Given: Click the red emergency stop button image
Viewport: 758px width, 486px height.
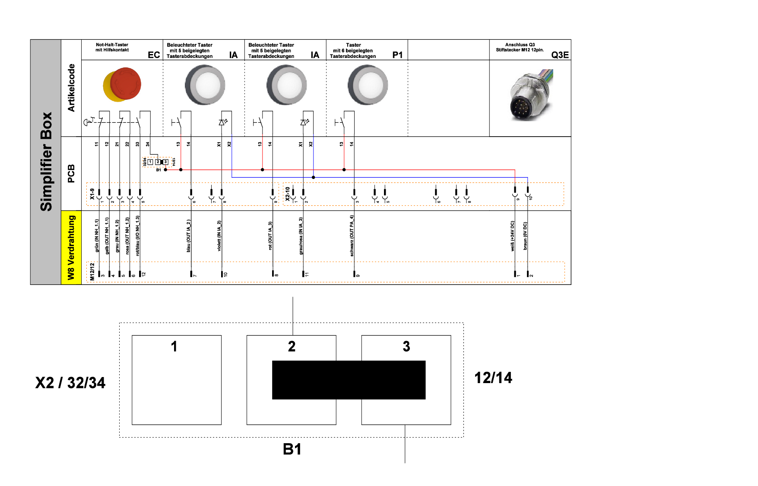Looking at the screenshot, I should point(122,84).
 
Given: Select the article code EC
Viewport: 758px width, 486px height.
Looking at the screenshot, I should point(154,55).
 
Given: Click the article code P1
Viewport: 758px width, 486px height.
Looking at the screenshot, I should point(397,55).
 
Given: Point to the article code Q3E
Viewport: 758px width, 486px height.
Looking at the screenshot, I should point(560,55).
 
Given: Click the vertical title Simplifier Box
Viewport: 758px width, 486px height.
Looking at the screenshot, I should point(46,162).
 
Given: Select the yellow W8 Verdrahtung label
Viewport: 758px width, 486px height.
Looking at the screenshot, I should point(71,247).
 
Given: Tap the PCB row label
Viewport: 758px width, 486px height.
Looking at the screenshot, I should point(71,173).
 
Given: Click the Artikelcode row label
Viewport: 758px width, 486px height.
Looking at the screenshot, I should point(71,88).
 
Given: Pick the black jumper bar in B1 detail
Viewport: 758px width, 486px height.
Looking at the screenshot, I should point(349,380).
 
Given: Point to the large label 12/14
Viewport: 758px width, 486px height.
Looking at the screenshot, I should point(493,378).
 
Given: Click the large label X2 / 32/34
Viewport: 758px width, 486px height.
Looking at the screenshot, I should point(70,383).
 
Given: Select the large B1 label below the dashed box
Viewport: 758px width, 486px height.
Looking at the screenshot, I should point(292,449).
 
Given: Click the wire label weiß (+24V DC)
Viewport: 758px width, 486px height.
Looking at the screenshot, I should point(513,236).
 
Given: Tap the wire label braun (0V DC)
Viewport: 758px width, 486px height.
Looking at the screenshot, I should point(525,236).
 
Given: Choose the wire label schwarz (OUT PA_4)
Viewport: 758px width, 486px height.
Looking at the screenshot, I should point(352,236).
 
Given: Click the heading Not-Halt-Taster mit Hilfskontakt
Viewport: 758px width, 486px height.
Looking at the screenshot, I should point(112,47).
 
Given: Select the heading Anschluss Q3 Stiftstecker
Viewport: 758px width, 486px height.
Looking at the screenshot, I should point(520,47).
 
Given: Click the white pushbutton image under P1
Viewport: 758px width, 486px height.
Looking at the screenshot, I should point(368,85).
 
